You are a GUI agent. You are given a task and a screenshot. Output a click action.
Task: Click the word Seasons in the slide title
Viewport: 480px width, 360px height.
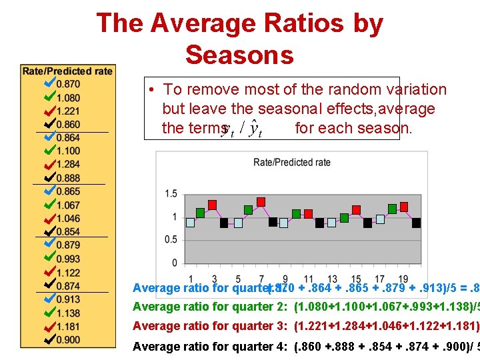click(x=239, y=54)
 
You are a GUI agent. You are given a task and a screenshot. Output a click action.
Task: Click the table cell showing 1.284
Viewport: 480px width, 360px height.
click(x=69, y=164)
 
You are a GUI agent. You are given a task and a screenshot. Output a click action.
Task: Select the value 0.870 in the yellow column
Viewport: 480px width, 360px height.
click(x=69, y=83)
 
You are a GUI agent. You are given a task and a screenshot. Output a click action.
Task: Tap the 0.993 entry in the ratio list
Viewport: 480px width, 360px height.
click(x=69, y=259)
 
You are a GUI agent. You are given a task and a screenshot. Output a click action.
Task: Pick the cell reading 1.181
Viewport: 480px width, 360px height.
click(x=69, y=327)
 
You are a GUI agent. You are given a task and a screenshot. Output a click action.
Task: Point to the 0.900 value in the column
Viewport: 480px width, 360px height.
click(x=69, y=340)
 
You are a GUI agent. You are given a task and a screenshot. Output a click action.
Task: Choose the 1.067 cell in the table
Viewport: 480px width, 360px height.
click(x=69, y=205)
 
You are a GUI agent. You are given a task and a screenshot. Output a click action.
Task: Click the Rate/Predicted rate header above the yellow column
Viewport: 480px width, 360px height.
click(x=67, y=71)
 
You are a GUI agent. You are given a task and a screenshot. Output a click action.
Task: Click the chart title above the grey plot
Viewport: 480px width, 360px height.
click(x=292, y=162)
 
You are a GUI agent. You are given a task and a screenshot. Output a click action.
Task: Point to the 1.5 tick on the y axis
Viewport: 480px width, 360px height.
click(x=171, y=194)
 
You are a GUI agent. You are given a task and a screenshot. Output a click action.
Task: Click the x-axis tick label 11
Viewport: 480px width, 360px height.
click(x=308, y=279)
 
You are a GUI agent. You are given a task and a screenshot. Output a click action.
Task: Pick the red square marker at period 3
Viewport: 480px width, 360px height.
click(x=213, y=205)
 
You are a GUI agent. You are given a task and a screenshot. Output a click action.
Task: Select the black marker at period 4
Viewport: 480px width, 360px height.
click(x=224, y=223)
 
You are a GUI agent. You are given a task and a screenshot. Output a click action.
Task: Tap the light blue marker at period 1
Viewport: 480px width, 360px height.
click(x=190, y=223)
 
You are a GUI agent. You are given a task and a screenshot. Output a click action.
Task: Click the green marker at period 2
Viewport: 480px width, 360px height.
click(x=201, y=213)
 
